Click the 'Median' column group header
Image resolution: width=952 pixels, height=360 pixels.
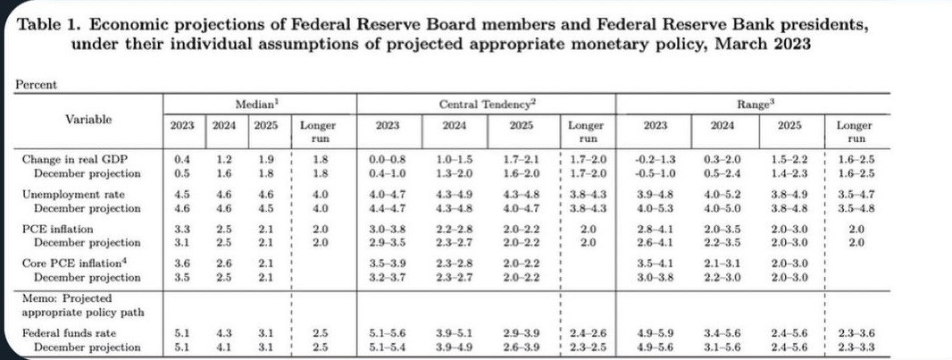(254, 104)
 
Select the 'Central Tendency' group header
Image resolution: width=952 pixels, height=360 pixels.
(488, 104)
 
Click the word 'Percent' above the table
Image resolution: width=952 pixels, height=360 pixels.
(36, 84)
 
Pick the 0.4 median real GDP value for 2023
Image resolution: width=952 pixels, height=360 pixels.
(181, 159)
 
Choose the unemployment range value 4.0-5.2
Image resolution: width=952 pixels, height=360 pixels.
(722, 194)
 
